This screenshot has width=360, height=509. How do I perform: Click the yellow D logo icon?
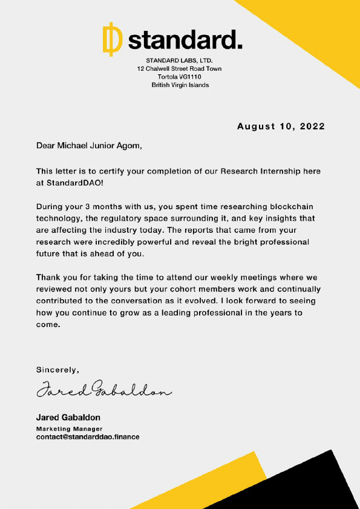coord(111,39)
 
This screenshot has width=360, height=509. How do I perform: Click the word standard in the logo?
coord(185,40)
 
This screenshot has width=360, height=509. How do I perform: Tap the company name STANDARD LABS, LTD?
coord(180,60)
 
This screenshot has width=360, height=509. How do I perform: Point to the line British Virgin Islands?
coord(180,85)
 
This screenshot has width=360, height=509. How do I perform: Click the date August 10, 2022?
coord(281,126)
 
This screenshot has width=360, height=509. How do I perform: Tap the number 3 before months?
coord(88,206)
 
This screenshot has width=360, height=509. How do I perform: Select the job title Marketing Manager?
coord(65,429)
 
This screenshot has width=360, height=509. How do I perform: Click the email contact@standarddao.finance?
coord(87,436)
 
